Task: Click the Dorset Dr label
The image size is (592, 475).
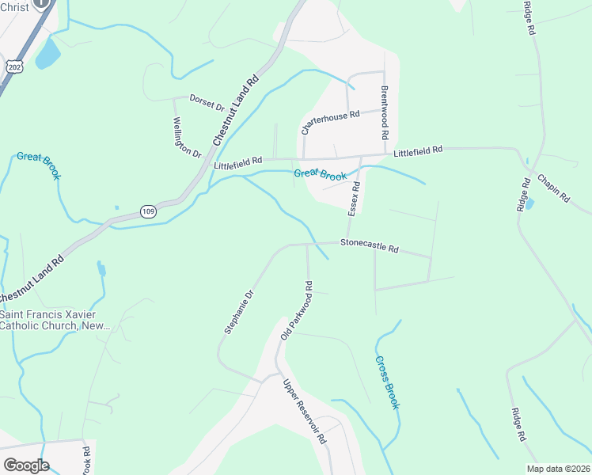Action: tap(207, 101)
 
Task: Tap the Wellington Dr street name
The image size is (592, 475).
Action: tap(188, 137)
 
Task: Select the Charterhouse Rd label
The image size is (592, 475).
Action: tap(330, 120)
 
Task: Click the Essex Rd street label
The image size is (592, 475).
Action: tap(355, 198)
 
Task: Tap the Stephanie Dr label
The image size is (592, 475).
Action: tap(238, 312)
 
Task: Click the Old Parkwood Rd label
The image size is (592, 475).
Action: tap(298, 310)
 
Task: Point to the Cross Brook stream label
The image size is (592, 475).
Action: tap(387, 382)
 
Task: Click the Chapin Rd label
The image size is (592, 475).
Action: tap(553, 189)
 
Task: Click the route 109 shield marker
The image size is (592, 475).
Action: tap(148, 211)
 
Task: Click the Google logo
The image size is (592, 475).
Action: tap(26, 465)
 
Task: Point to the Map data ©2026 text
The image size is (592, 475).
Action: tap(558, 469)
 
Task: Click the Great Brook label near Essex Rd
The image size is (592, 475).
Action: tap(320, 174)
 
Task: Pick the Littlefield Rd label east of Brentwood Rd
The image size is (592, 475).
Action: tap(418, 150)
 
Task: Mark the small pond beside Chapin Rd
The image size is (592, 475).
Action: tap(529, 203)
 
